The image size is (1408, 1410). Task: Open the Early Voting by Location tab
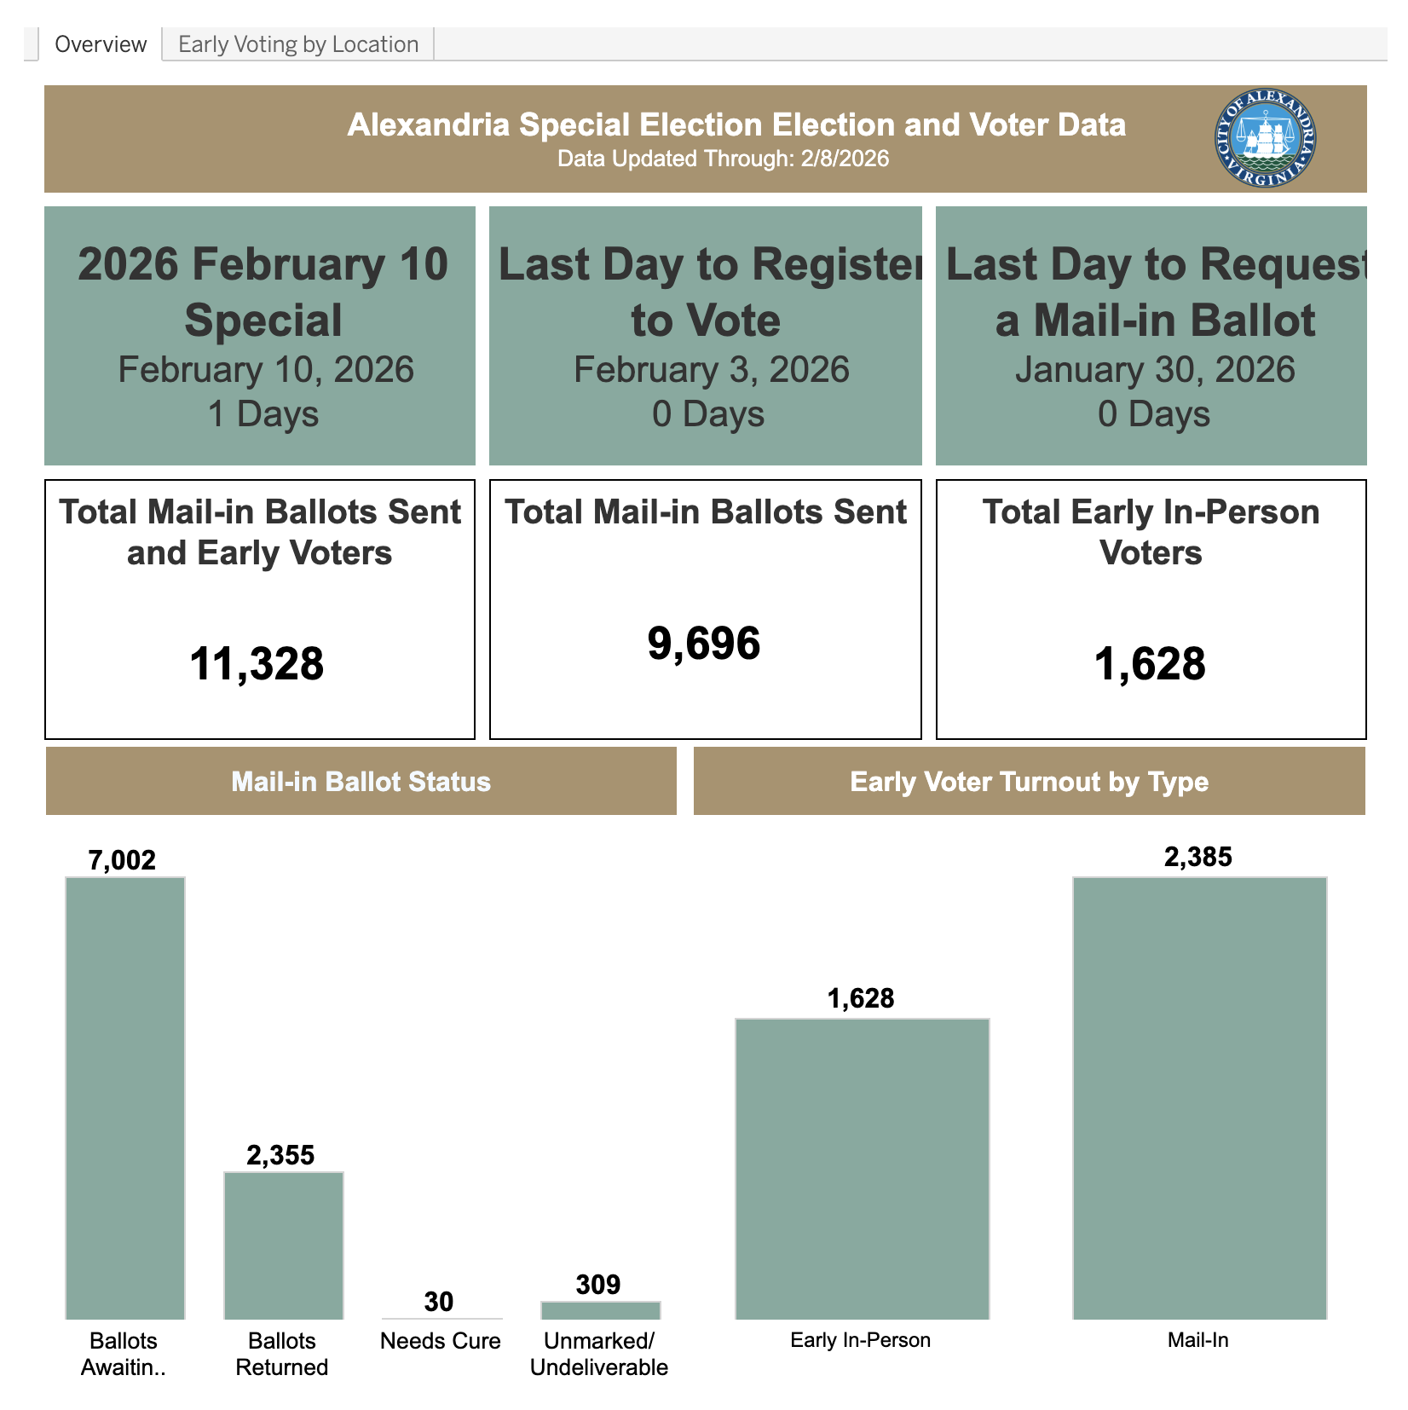[x=298, y=44]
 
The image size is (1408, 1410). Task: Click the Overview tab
[x=101, y=44]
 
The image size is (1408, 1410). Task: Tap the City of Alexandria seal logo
[x=1265, y=138]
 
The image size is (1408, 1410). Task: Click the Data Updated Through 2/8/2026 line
[x=723, y=159]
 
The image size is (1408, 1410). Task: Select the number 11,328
[x=257, y=664]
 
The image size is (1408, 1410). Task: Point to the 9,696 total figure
[x=704, y=644]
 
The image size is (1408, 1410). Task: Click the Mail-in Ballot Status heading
[x=361, y=782]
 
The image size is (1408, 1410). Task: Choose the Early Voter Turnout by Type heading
[x=1029, y=782]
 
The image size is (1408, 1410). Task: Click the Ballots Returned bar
[x=283, y=1245]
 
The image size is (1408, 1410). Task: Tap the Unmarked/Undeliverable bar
[x=600, y=1310]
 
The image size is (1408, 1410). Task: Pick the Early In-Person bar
[x=862, y=1169]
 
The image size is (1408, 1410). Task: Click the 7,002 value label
[x=123, y=860]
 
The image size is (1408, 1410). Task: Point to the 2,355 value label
[x=280, y=1155]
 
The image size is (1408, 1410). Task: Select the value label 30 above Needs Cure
[x=439, y=1302]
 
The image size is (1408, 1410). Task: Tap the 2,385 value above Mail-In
[x=1197, y=857]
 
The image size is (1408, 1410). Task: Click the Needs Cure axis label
[x=440, y=1341]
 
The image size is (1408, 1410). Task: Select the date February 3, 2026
[x=711, y=370]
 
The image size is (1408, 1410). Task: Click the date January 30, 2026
[x=1154, y=370]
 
